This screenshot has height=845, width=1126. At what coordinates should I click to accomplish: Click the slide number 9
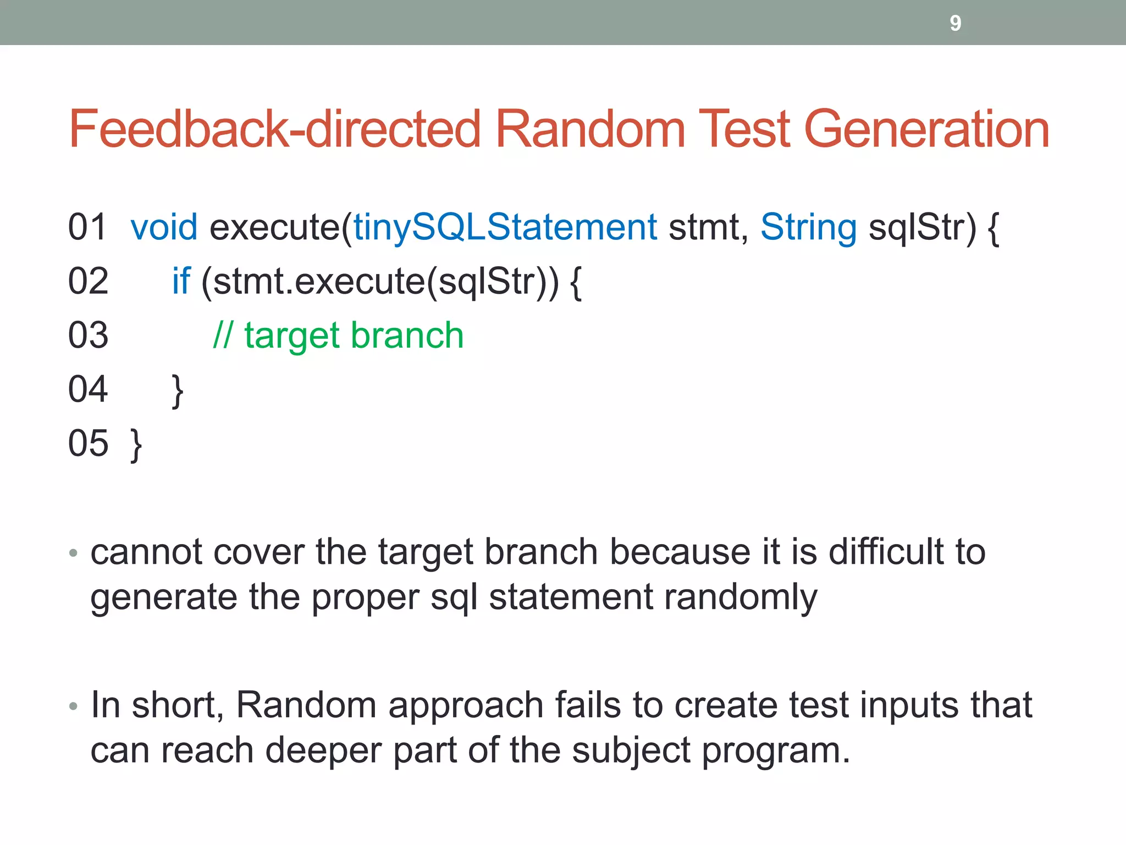(955, 23)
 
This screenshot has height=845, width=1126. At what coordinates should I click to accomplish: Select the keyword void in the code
(164, 227)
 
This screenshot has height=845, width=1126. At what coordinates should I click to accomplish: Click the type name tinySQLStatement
(505, 227)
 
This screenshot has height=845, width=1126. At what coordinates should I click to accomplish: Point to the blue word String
(808, 227)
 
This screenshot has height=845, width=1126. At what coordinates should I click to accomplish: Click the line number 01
(87, 227)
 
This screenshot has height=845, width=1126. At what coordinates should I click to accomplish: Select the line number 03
(88, 335)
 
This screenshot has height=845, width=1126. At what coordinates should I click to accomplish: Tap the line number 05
(88, 443)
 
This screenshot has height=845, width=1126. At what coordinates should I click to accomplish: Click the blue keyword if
(181, 281)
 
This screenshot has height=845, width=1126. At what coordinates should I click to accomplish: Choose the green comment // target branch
(338, 335)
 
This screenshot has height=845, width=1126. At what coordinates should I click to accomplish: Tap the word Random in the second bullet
(306, 705)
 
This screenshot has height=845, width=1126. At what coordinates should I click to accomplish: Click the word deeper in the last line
(323, 750)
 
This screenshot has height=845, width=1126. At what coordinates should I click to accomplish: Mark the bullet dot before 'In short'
(74, 706)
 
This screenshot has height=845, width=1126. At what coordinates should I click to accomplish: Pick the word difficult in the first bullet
(885, 552)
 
